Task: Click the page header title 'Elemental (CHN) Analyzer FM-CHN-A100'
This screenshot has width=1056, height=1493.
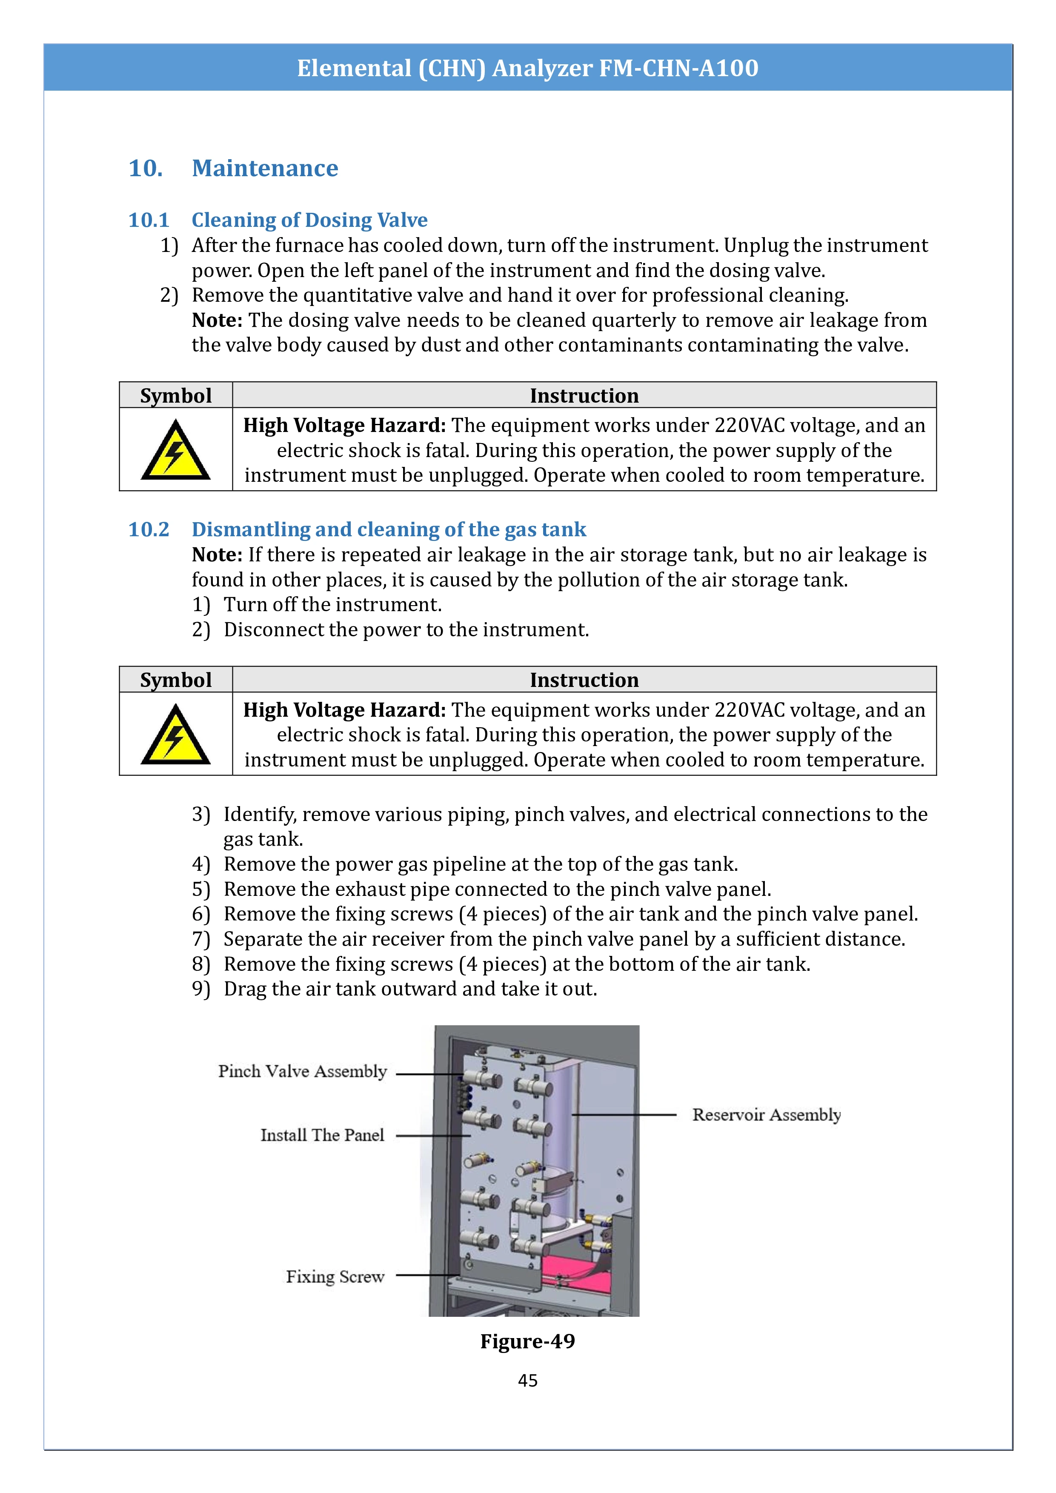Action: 527,68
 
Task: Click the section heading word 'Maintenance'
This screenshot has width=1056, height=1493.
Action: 265,169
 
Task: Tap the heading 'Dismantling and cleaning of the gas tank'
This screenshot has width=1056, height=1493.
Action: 389,529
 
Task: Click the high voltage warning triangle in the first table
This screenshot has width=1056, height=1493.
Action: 175,450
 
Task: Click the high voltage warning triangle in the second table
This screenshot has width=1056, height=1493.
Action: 175,734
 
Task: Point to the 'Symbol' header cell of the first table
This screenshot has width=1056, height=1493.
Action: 175,395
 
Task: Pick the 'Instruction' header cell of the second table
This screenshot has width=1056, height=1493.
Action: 584,680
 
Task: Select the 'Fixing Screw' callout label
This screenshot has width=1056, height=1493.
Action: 335,1276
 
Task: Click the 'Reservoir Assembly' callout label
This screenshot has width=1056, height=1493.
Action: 766,1115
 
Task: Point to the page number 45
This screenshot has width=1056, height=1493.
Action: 527,1381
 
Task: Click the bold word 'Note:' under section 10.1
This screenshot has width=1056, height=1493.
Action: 217,320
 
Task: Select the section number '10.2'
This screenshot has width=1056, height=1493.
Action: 149,529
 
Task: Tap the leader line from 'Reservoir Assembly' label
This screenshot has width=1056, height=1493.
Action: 624,1115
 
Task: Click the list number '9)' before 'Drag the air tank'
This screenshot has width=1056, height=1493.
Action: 201,989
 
